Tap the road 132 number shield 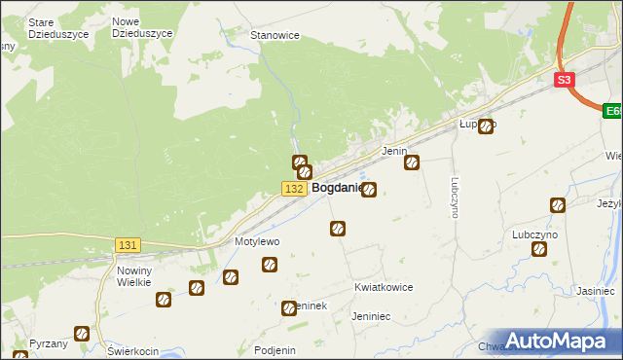(x=296, y=188)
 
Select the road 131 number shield (x=128, y=246)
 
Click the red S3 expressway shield (x=567, y=82)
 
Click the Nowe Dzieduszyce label (x=142, y=27)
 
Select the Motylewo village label (x=257, y=241)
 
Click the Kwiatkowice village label (x=384, y=288)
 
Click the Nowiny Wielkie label (x=133, y=276)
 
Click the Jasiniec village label (x=594, y=291)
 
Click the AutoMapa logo (x=558, y=341)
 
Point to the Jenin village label (x=393, y=152)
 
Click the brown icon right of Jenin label (x=412, y=162)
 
